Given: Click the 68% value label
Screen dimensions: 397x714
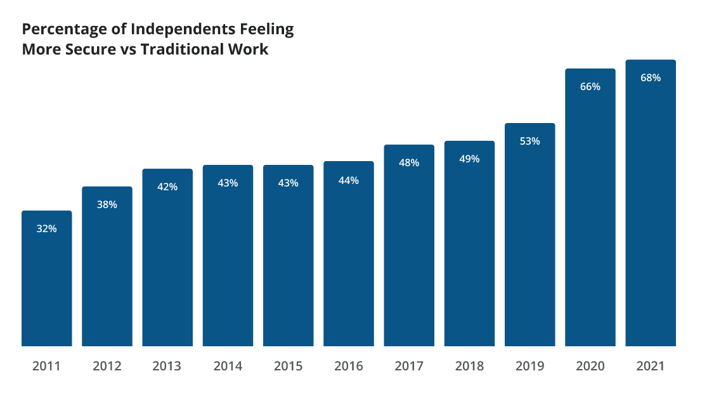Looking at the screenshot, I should (651, 78).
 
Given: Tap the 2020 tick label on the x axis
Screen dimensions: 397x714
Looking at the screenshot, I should (590, 366).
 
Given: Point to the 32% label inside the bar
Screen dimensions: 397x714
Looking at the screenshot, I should (46, 229).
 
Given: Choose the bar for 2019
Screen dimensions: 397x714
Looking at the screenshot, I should (529, 241).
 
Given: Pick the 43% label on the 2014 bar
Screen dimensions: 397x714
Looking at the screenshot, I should (228, 183).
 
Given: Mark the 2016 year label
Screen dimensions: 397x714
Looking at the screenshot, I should (348, 366).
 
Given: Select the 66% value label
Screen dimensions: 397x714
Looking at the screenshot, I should (590, 87).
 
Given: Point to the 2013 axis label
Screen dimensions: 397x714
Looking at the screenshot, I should (167, 366).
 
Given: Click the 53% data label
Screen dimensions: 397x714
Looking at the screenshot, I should (529, 141).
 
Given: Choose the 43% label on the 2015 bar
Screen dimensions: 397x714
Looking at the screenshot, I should (288, 183).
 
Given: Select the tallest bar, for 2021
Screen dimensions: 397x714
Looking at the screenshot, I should (651, 209).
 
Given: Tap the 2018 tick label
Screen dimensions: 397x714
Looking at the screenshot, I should (469, 366).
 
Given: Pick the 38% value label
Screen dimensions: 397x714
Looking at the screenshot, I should (107, 205).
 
